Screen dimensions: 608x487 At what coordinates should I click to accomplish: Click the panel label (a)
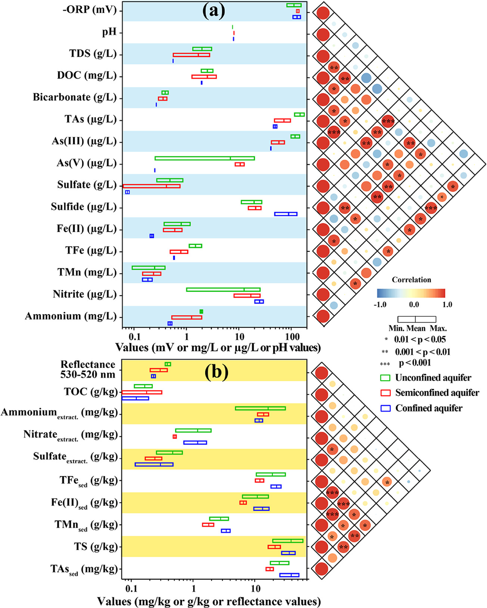point(214,11)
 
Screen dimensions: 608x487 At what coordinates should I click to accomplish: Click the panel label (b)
point(217,372)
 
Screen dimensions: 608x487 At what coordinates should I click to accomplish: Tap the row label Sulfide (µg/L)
point(84,207)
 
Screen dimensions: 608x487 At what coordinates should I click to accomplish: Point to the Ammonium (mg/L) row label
point(71,316)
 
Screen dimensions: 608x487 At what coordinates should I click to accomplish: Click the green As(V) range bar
point(205,158)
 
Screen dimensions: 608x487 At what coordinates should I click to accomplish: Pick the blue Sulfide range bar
point(286,214)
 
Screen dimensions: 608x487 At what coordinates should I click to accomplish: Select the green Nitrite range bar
point(223,289)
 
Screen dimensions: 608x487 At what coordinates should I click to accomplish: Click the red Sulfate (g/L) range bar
point(151,186)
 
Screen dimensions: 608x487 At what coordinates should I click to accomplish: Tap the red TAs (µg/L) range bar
point(282,120)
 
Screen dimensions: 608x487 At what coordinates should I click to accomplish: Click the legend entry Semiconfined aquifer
point(437,393)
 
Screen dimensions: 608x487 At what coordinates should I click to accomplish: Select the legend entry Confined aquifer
point(429,408)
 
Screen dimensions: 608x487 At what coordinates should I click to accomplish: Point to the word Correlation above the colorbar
point(411,280)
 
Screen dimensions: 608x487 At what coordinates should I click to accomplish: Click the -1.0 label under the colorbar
point(380,304)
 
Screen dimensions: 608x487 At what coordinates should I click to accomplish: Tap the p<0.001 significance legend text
point(415,363)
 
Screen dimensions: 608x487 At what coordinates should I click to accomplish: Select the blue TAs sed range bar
point(289,575)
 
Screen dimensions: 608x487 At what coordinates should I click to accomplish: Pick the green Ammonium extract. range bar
point(260,408)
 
